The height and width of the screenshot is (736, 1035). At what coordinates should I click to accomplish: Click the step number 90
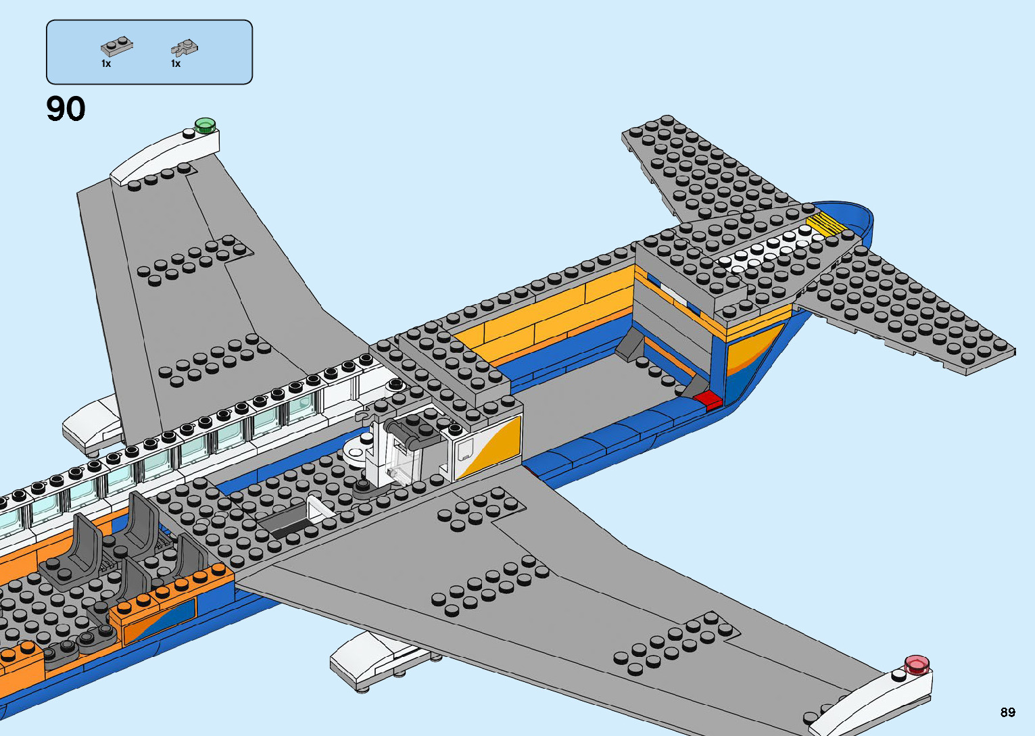pyautogui.click(x=66, y=109)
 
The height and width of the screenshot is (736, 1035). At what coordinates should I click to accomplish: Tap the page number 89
pyautogui.click(x=1007, y=712)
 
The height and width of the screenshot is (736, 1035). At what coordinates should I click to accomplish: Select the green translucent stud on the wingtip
pyautogui.click(x=204, y=124)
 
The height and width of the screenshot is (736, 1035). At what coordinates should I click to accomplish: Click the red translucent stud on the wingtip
pyautogui.click(x=917, y=664)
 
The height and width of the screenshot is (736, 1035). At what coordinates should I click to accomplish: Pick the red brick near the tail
pyautogui.click(x=708, y=399)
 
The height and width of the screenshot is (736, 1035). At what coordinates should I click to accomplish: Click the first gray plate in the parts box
pyautogui.click(x=116, y=46)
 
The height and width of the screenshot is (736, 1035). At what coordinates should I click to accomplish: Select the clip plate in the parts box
pyautogui.click(x=184, y=47)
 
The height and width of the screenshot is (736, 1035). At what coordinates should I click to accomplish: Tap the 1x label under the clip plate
pyautogui.click(x=176, y=64)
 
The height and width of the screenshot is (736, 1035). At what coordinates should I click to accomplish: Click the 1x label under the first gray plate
pyautogui.click(x=106, y=64)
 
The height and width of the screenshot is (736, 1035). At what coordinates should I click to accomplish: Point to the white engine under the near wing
pyautogui.click(x=372, y=658)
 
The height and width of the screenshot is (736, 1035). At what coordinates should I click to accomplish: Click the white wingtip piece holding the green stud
pyautogui.click(x=166, y=155)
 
